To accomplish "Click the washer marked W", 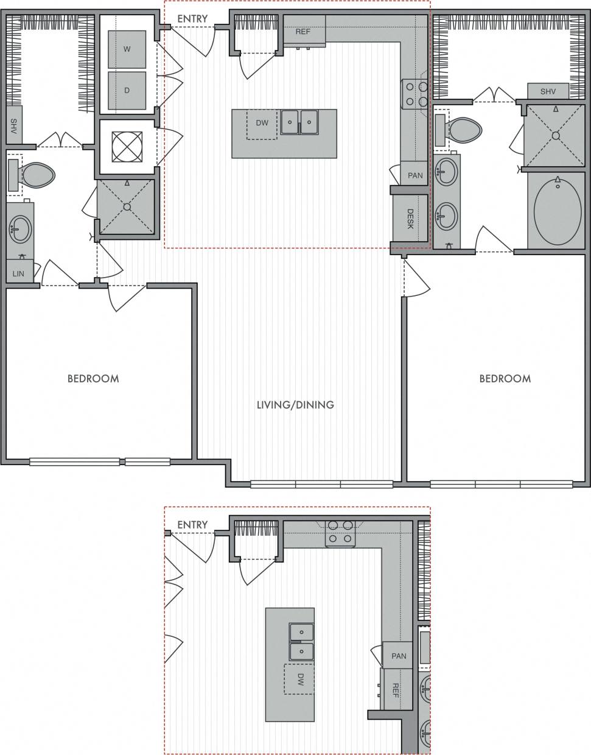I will point(127,49).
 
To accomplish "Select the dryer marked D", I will point(127,91).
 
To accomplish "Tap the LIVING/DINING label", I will point(295,404).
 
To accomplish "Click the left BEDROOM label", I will point(93,378).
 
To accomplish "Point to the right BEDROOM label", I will point(505,378).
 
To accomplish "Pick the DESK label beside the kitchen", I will point(410,219).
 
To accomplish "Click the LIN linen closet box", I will point(19,273).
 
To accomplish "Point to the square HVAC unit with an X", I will point(127,147).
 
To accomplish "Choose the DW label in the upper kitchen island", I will point(262,123).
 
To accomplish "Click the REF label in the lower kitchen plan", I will point(395,689).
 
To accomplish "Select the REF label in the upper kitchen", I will point(302,32).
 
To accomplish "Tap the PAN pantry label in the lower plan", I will point(399,656).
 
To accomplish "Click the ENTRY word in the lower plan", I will point(192,524).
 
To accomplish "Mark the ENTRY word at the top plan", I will point(192,19).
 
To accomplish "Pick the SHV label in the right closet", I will point(548,91).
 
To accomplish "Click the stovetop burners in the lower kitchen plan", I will point(340,531).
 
